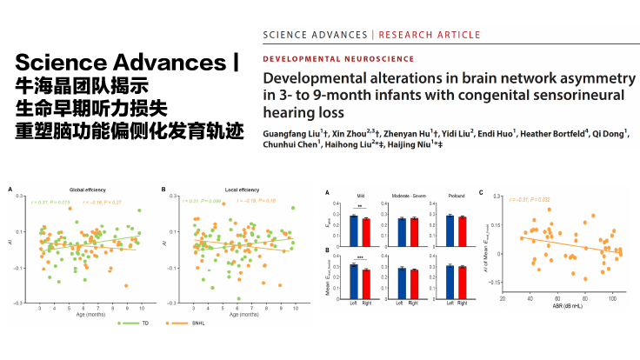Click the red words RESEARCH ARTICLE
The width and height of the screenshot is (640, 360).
[428, 35]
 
